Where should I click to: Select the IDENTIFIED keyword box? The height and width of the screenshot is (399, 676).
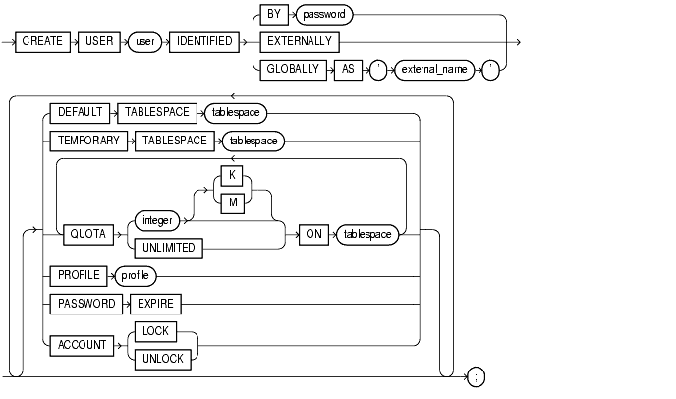200,42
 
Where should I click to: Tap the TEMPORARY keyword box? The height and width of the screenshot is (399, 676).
87,141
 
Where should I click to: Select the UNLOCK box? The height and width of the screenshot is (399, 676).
161,359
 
